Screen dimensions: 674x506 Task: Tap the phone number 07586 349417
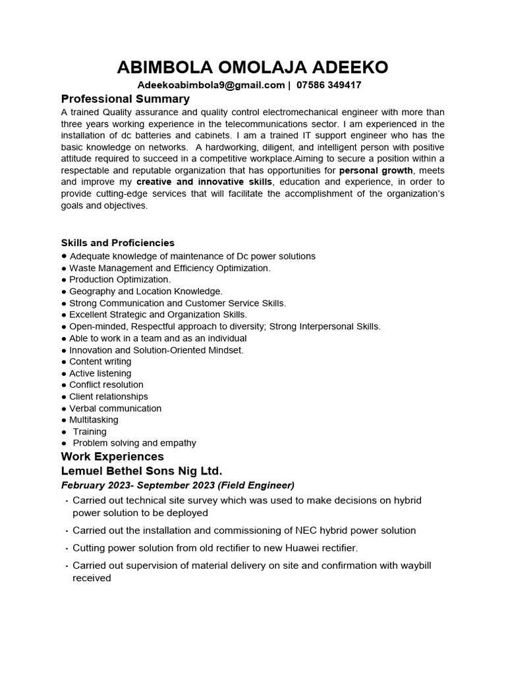[329, 85]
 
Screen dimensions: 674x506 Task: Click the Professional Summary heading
[125, 99]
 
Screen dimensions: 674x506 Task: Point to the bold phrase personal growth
[376, 170]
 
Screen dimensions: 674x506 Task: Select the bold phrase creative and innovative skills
[204, 182]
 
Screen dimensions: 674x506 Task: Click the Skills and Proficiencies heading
[118, 243]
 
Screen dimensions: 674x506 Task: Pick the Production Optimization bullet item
[119, 279]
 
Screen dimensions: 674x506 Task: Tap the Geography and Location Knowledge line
[146, 291]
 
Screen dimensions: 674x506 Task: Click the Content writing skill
[100, 361]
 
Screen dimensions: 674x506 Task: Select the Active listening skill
[100, 373]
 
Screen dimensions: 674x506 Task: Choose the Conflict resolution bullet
[106, 384]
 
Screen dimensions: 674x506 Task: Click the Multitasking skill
[94, 420]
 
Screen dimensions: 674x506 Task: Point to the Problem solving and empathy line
[134, 443]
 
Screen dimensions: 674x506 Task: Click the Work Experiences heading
[112, 457]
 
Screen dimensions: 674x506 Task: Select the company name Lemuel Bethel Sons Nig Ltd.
[142, 471]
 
